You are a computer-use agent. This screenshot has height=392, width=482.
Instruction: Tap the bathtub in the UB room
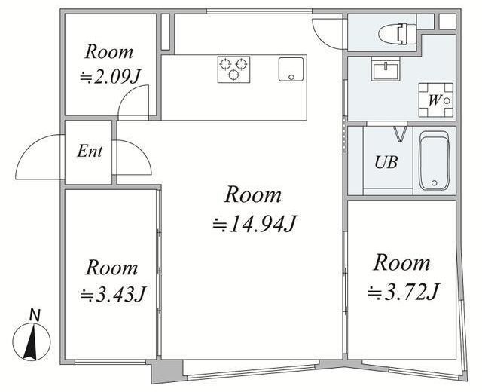pos(435,161)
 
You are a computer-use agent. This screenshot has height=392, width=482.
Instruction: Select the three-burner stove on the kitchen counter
pos(233,69)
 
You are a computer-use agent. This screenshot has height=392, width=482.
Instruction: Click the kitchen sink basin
pos(291,69)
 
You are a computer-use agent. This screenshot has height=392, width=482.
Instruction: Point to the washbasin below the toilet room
pos(386,69)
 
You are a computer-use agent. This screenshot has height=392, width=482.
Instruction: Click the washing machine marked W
pos(436,100)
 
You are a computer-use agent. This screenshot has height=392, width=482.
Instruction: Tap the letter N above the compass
pos(35,315)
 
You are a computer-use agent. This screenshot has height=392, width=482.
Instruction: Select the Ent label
pos(90,152)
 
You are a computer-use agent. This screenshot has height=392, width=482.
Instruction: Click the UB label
pos(386,162)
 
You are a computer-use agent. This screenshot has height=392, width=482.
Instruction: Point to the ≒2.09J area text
pos(111,77)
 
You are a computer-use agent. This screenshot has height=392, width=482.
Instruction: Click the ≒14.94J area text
pos(255,224)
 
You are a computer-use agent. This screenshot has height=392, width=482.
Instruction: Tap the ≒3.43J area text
pos(112,294)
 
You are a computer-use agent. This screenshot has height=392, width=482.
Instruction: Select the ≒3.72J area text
pos(404,291)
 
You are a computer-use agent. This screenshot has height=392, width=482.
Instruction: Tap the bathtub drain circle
pos(434,183)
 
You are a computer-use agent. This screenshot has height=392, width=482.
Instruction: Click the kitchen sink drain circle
pos(291,77)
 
